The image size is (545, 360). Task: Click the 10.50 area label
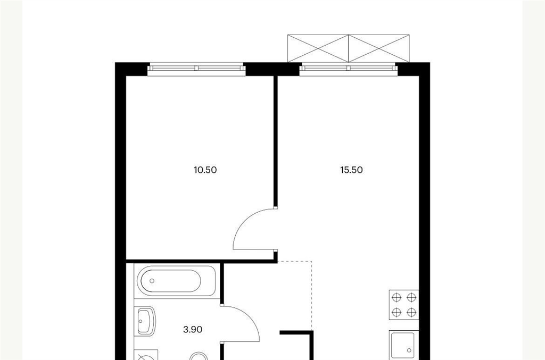point(205,170)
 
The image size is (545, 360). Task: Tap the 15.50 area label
point(351,170)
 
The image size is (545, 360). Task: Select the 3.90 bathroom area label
point(193,329)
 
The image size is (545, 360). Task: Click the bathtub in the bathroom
point(177,281)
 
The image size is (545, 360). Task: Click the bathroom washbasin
point(146,321)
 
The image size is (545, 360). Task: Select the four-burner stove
point(404,305)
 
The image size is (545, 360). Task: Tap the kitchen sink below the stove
point(403,345)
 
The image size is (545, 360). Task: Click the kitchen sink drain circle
point(409,350)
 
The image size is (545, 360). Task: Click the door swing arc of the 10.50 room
point(245,221)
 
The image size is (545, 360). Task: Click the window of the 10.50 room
point(196,69)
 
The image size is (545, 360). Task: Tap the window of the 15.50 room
point(348,69)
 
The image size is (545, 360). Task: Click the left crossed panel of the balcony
point(318,48)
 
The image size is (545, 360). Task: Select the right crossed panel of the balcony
point(379,48)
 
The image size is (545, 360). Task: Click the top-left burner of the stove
point(397,297)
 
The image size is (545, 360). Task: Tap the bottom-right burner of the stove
point(411,312)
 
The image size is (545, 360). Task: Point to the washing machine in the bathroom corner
point(146,355)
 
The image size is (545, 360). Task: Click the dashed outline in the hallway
point(311,295)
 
